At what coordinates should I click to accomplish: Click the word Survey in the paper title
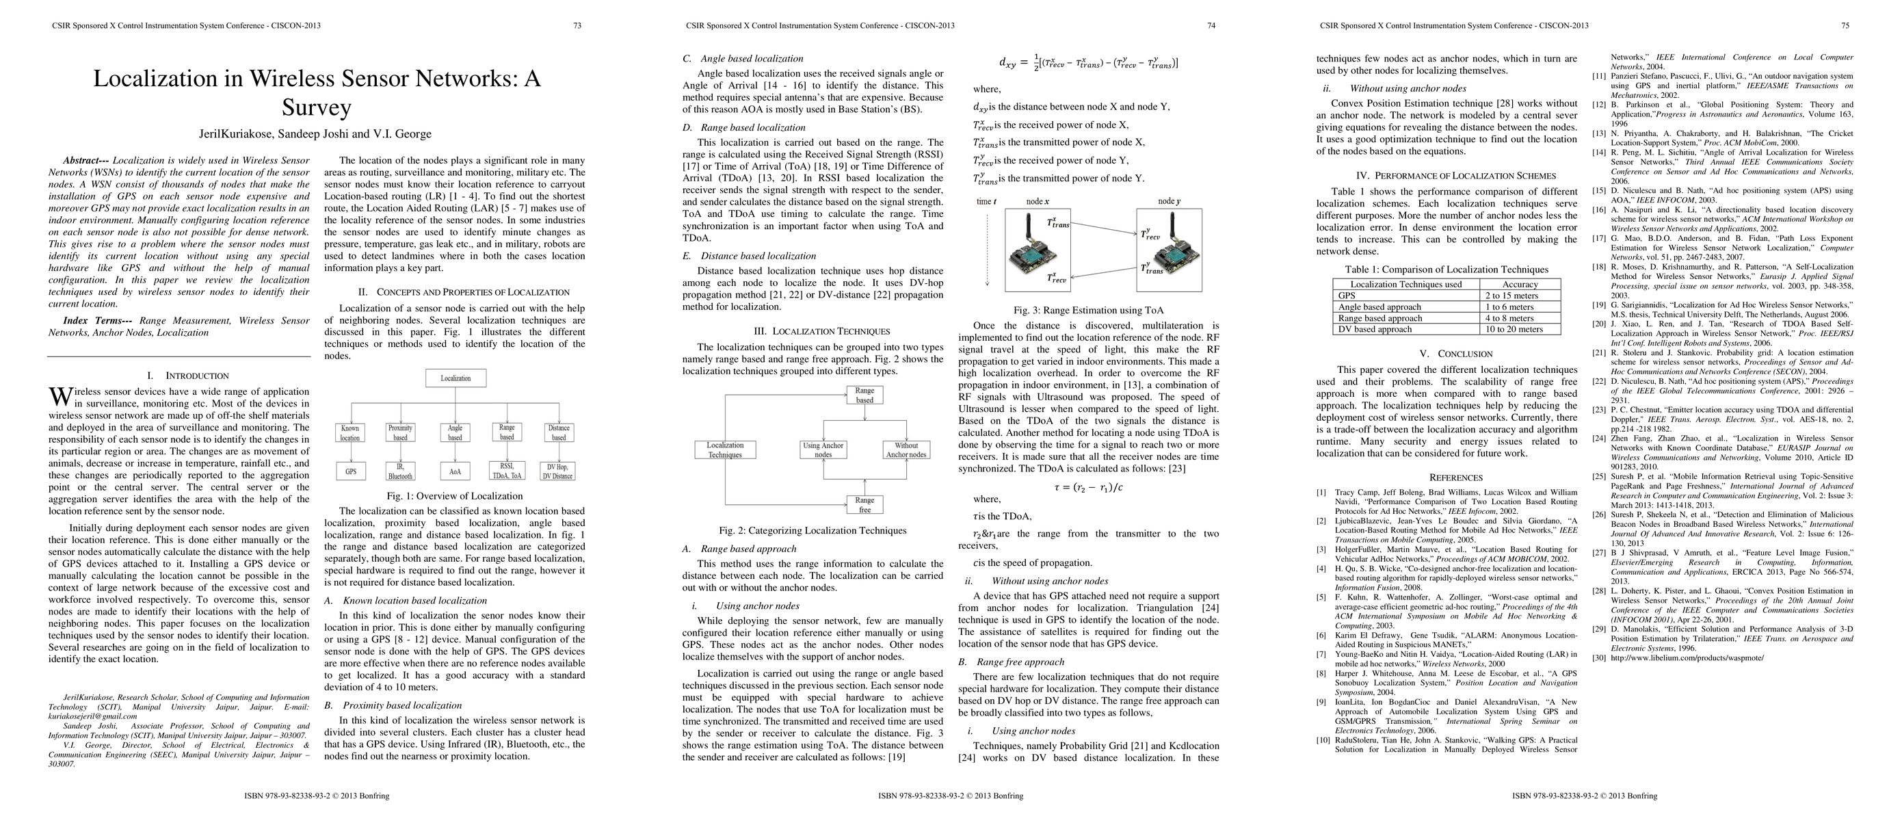tap(316, 108)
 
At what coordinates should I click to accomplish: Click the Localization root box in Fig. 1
tap(455, 378)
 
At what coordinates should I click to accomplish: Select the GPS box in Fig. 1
tap(351, 471)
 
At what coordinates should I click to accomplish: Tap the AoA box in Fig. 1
tap(455, 471)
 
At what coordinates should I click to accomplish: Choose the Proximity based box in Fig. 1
tap(400, 432)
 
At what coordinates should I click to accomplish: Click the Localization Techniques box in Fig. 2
tap(725, 449)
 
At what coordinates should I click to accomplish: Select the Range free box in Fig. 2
tap(864, 505)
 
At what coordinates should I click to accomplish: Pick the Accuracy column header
tap(1520, 284)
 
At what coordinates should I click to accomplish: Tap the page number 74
tap(1211, 26)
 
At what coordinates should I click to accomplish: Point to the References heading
tap(1455, 478)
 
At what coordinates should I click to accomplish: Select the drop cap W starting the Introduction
tap(60, 398)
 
